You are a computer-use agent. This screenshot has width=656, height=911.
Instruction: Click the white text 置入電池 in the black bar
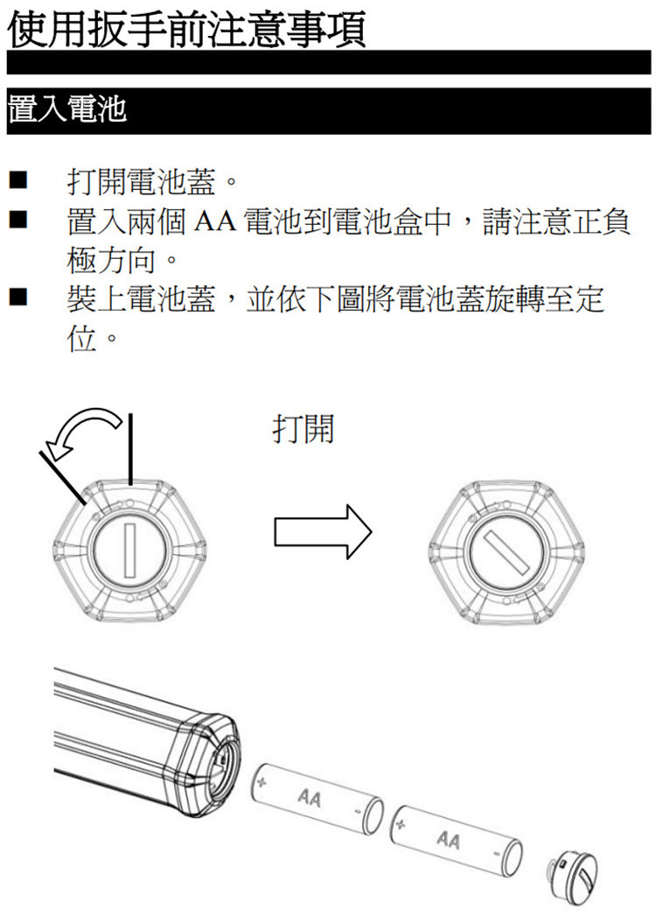[x=67, y=111]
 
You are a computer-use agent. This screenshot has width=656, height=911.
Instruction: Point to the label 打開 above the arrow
[x=303, y=429]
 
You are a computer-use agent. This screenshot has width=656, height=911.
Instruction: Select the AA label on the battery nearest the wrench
[x=308, y=798]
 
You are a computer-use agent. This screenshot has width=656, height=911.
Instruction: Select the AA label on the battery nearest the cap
[x=449, y=841]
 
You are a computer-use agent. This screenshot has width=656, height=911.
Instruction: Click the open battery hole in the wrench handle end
[x=219, y=760]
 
